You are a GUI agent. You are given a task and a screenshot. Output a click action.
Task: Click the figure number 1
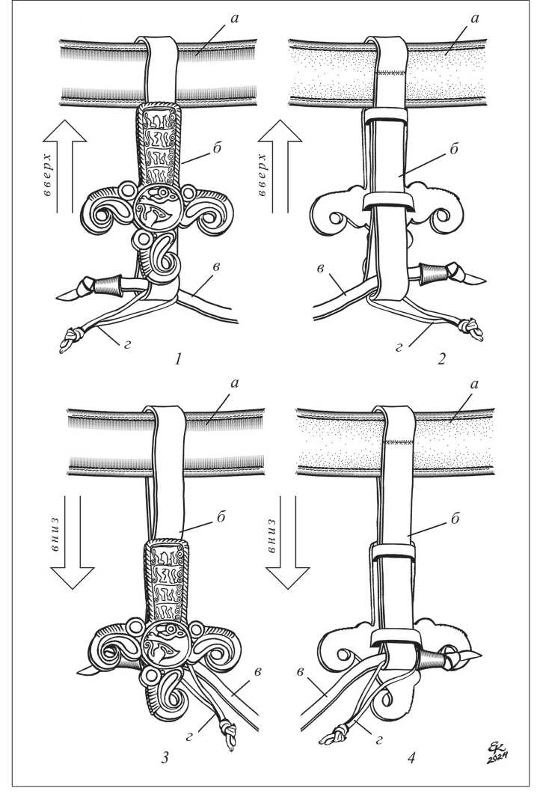click(x=177, y=360)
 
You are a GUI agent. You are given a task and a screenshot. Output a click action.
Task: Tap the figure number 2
click(x=441, y=360)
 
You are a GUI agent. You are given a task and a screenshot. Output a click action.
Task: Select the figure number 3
click(x=165, y=758)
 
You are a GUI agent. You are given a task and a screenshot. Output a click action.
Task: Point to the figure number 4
click(x=411, y=758)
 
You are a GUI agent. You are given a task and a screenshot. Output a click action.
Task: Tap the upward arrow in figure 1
click(x=65, y=166)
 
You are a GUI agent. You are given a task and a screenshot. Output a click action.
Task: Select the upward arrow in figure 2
click(x=280, y=166)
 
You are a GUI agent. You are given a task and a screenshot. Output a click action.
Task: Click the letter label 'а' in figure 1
click(x=235, y=18)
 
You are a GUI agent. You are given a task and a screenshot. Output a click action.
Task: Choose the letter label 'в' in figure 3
click(x=258, y=671)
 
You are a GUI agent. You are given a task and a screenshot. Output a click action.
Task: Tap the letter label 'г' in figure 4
click(x=378, y=739)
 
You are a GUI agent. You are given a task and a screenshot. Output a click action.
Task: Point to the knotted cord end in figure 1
click(x=69, y=341)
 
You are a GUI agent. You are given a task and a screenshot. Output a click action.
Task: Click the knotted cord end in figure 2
click(x=472, y=329)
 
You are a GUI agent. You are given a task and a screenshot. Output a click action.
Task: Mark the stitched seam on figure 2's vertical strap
click(x=391, y=73)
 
